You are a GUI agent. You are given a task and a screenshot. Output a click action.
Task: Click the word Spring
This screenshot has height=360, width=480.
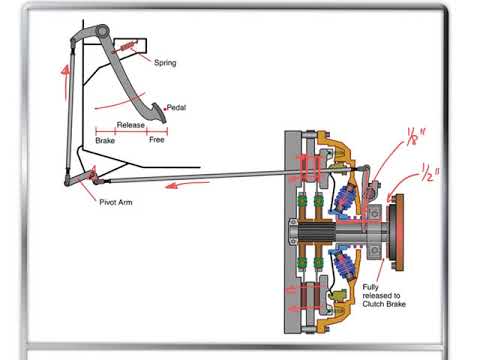pos(165,62)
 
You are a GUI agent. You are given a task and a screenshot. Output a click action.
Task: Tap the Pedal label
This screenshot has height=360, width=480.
pos(177,108)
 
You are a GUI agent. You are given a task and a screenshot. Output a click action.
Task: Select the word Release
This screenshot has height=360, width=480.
pos(131,125)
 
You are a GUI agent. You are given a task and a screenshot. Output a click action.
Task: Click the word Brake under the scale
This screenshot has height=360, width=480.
pos(106,141)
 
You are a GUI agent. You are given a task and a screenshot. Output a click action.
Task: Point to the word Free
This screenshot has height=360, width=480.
pos(156,141)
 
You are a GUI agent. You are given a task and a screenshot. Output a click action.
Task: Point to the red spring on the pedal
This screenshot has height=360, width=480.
pos(127,47)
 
